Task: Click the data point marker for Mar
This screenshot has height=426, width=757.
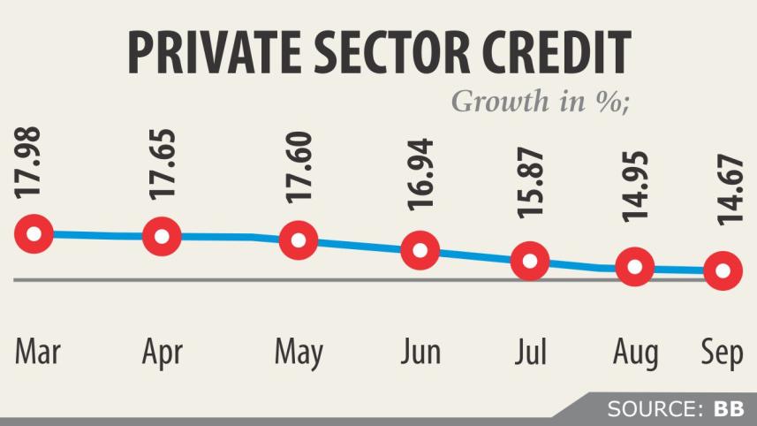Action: point(34,234)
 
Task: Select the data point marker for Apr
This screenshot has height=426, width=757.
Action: point(162,236)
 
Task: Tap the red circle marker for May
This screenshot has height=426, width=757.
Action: point(299,240)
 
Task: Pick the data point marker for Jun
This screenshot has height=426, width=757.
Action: point(420,250)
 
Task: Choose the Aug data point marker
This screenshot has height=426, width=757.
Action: point(634,267)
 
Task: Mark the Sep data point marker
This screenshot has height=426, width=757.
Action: point(723,270)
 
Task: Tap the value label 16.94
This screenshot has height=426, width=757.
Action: point(421,182)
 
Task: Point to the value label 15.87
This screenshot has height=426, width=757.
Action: point(532,189)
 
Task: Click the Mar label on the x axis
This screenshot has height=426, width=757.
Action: point(37,351)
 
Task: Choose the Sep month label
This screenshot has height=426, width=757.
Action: point(722,353)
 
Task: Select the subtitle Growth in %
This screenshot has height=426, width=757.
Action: point(540,101)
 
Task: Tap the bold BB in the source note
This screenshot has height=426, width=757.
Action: point(729,408)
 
